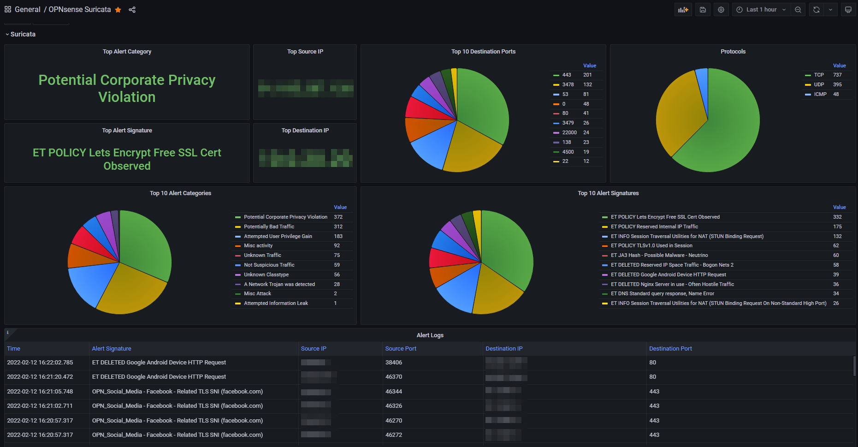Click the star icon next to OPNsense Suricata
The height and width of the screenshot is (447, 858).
click(x=118, y=10)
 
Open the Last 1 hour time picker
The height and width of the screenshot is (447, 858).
click(x=761, y=10)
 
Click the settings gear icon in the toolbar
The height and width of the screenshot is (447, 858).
click(x=721, y=10)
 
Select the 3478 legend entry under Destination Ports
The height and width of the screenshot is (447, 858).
click(x=568, y=85)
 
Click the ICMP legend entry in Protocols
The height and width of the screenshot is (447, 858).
click(x=820, y=95)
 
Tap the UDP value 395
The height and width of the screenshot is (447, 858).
click(x=837, y=85)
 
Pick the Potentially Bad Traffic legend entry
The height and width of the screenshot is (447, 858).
click(x=269, y=227)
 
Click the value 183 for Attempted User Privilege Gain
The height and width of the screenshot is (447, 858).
click(x=338, y=237)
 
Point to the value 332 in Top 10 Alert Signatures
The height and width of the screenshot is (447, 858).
click(x=837, y=217)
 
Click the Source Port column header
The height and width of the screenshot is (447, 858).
click(x=401, y=349)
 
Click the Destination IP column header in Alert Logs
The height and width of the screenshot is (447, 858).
click(x=503, y=349)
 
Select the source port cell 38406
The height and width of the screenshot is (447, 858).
click(x=393, y=363)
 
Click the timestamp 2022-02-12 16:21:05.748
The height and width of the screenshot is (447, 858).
click(x=40, y=392)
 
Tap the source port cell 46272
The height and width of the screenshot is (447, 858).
click(x=393, y=435)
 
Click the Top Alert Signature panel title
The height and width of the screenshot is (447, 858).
click(x=127, y=131)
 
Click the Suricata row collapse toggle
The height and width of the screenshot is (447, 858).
click(x=7, y=35)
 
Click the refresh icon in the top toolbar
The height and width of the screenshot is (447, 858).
click(x=816, y=10)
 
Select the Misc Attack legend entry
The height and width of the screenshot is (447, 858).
click(x=257, y=294)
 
